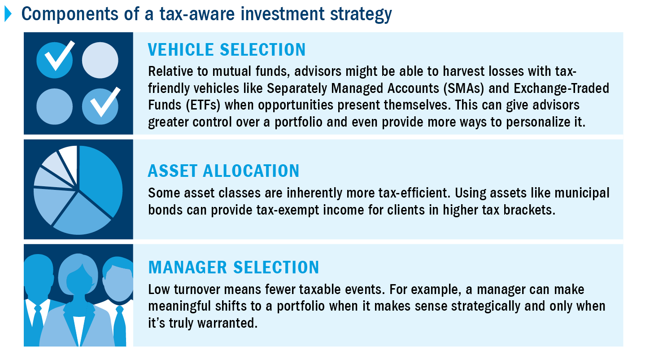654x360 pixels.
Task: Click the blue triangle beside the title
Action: (x=8, y=14)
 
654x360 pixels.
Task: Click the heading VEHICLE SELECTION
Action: (x=227, y=50)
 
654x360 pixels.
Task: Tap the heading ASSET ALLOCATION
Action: (x=224, y=171)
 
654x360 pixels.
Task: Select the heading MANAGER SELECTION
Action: (x=234, y=268)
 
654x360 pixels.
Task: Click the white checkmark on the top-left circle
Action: (x=60, y=56)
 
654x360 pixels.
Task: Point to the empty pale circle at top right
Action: (x=100, y=60)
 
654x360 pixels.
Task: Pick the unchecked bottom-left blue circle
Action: (x=55, y=106)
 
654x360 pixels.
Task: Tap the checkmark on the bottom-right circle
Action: (x=105, y=102)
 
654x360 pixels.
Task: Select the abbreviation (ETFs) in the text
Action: (x=203, y=105)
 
